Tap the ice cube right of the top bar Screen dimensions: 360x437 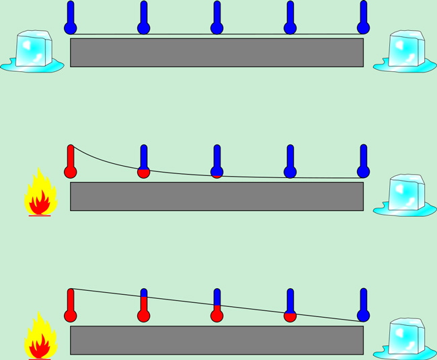tap(405, 50)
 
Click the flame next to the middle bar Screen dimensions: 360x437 tap(40, 194)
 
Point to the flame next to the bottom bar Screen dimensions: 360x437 tap(40, 339)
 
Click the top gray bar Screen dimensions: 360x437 tap(216, 52)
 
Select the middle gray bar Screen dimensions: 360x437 tap(216, 196)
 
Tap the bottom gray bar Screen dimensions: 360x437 tap(216, 340)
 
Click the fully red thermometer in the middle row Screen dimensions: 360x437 tap(70, 163)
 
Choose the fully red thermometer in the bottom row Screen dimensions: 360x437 tap(70, 307)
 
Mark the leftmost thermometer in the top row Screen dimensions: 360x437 tap(70, 19)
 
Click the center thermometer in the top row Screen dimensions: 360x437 tap(216, 19)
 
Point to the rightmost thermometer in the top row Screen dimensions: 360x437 tap(363, 19)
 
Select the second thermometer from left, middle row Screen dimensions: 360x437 tap(143, 163)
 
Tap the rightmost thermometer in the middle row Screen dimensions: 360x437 tap(363, 163)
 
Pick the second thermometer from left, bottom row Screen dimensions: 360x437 tap(143, 307)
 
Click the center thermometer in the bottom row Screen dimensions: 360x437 tap(216, 307)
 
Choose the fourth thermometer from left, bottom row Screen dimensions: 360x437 tap(290, 307)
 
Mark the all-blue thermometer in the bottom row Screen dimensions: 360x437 tap(363, 307)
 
